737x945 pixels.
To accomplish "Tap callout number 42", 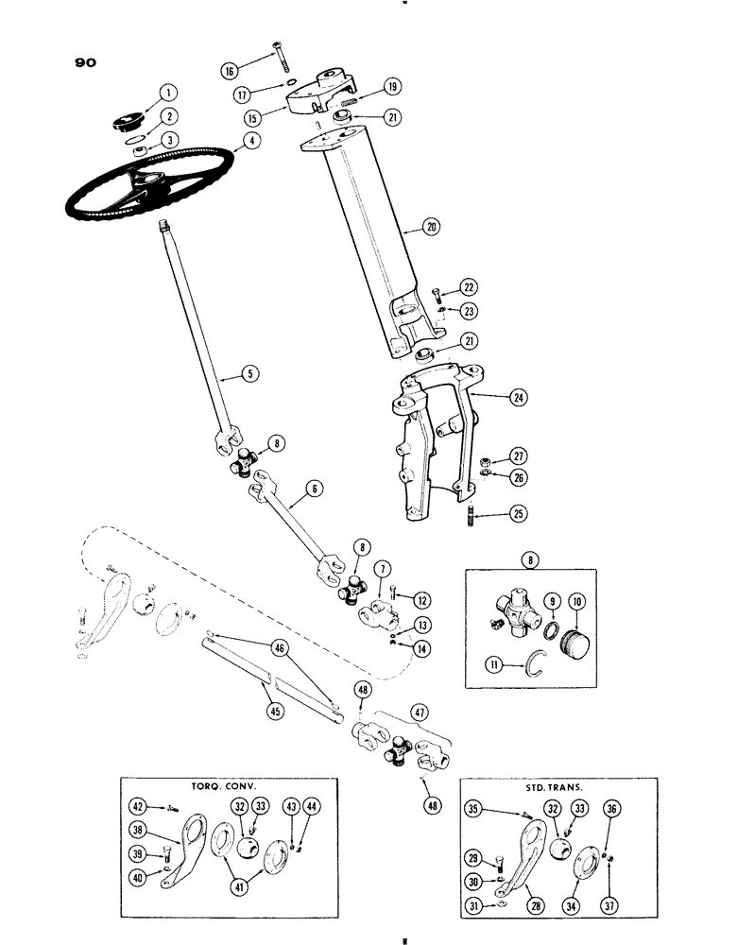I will (138, 806).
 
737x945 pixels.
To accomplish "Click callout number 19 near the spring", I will (392, 86).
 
